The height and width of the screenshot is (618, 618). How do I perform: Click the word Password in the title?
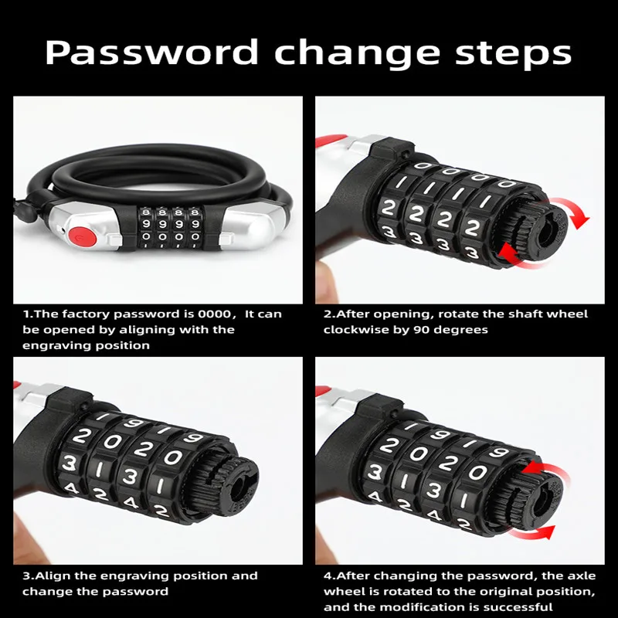coord(151,52)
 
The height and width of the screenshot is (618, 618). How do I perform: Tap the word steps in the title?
coord(513,54)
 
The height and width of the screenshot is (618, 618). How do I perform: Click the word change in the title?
coord(357,53)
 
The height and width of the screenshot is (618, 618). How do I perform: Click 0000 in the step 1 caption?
coord(215,314)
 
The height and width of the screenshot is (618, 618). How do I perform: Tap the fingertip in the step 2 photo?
coord(328,280)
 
